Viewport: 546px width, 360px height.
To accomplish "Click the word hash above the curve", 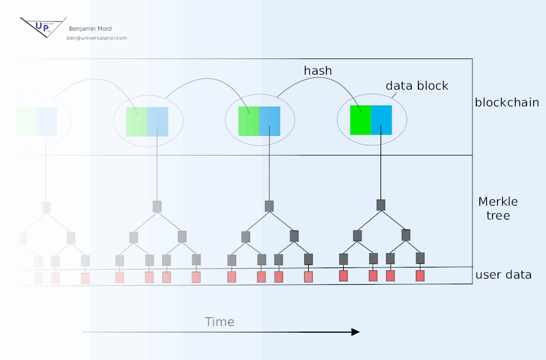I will point(318,71).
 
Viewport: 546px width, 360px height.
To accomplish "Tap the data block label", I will point(417,86).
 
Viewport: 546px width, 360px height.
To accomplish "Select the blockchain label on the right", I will point(506,103).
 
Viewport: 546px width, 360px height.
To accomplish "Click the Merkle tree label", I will point(498,208).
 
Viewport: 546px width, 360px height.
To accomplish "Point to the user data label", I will point(503,275).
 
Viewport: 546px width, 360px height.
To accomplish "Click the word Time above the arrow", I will point(220,322).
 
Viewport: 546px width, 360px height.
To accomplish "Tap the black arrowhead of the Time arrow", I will point(355,332).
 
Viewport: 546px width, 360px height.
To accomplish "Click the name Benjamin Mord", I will point(90,29).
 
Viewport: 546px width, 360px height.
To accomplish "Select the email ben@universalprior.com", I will point(97,38).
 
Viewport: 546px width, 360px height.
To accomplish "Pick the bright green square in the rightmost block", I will point(360,119).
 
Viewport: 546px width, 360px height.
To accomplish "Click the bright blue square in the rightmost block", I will point(382,119).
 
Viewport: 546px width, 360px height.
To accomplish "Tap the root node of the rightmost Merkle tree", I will point(381,205).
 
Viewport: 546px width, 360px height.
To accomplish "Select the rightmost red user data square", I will point(420,275).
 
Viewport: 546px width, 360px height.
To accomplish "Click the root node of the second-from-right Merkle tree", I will point(269,206).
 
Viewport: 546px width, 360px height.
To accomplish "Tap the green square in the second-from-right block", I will point(248,121).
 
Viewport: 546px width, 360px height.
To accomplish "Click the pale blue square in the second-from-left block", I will point(158,121).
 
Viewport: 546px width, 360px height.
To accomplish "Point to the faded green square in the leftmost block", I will point(26,121).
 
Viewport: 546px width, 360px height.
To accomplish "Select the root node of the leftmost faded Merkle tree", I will point(46,207).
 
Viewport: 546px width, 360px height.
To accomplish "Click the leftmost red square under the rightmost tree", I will point(344,275).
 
